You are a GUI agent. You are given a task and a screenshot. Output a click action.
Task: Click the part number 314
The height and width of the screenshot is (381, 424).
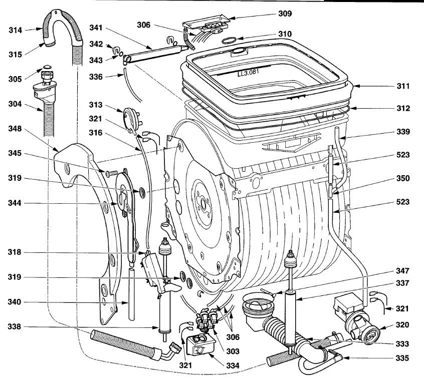click(16, 30)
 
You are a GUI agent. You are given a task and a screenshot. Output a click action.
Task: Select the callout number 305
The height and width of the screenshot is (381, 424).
click(16, 79)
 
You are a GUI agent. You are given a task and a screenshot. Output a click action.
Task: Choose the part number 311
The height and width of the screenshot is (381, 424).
click(402, 86)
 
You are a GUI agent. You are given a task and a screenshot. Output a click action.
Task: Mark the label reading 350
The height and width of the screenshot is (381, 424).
click(402, 178)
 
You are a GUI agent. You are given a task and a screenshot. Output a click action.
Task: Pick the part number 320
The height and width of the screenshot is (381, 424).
click(402, 324)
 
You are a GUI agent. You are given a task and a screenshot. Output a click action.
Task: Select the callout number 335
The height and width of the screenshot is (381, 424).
click(402, 358)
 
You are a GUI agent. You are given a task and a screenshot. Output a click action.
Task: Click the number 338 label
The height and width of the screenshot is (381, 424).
click(16, 327)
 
